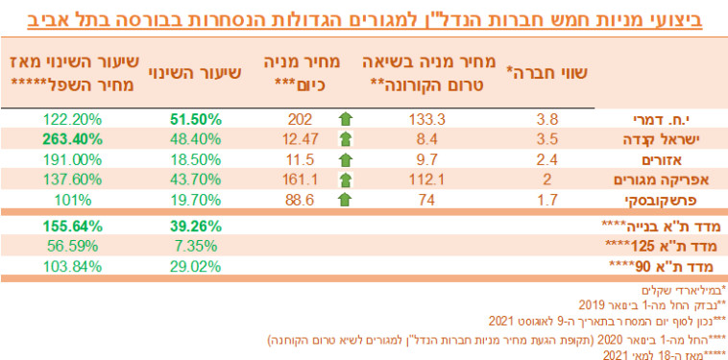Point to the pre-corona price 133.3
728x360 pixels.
(430, 121)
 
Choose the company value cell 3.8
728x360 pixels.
(547, 121)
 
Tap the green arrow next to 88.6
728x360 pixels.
(345, 199)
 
